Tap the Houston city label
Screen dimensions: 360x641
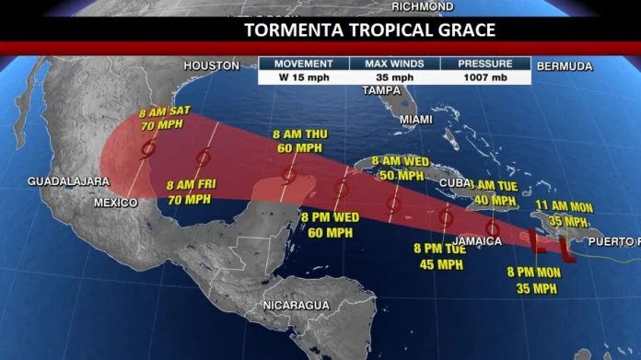(x=212, y=65)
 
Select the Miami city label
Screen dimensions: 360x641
(x=415, y=120)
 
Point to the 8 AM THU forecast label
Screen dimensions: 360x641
(x=302, y=141)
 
